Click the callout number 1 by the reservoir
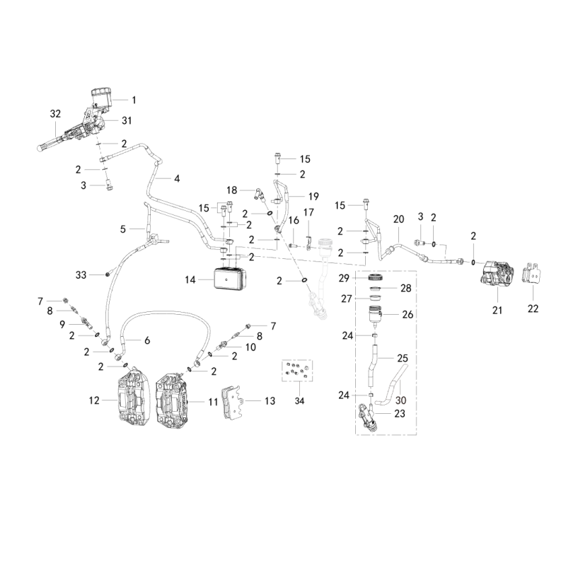pos(134,100)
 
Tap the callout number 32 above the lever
pos(55,114)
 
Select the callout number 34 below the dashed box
pos(299,401)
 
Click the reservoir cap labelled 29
pos(376,278)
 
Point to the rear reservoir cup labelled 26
pos(376,314)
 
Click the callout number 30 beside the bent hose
pos(401,400)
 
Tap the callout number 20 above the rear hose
pos(398,219)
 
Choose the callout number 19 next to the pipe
pos(313,197)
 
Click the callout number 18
pos(232,190)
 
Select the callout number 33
pos(81,275)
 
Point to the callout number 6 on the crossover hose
pos(147,340)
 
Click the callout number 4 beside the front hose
pos(177,178)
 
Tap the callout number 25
pos(403,358)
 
